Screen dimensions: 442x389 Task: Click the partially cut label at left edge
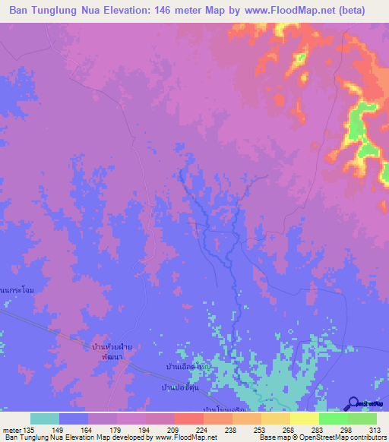17,290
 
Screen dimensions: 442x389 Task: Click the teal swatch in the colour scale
45,418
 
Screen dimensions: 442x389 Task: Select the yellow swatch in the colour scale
304,418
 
